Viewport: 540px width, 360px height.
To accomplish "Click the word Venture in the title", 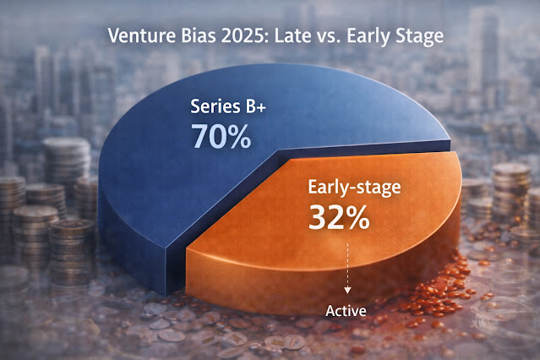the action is tap(142, 35).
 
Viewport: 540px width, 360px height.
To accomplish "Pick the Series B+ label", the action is tap(228, 106).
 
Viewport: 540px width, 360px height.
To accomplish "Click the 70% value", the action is tap(221, 137).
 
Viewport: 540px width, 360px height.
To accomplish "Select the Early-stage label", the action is tap(354, 188).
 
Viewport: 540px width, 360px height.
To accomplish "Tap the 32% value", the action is tap(339, 217).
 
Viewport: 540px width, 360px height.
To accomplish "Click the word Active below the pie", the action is tap(346, 311).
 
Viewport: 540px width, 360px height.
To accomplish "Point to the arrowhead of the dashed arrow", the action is tap(347, 290).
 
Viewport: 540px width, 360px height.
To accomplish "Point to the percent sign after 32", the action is tap(357, 217).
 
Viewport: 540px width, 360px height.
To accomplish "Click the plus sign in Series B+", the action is tap(260, 107).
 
